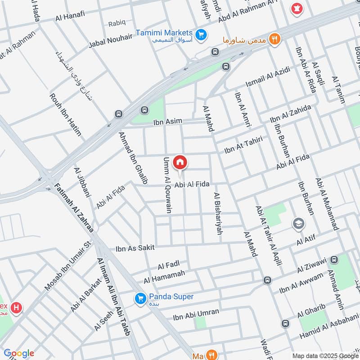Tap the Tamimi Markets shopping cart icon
[x=201, y=34]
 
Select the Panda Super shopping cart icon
[x=140, y=298]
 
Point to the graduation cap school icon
[x=298, y=223]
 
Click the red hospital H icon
[x=17, y=308]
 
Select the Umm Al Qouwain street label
[x=167, y=185]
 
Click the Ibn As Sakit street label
[x=135, y=248]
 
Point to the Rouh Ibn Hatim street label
[x=66, y=114]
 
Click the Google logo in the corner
[x=18, y=353]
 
